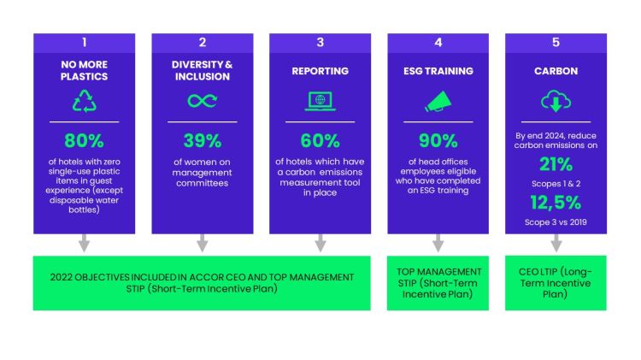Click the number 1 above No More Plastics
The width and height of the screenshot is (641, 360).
coord(84,42)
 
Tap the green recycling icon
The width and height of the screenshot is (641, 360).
coord(84,101)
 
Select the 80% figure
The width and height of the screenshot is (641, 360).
coord(84,140)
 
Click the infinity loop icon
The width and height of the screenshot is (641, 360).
coord(202,101)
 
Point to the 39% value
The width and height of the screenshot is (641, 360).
coord(202,140)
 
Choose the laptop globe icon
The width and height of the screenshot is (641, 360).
coord(320,101)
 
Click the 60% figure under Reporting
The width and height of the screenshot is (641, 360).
coord(320,140)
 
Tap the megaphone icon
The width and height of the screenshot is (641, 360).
coord(438,101)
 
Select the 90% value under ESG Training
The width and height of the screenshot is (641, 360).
coord(438,140)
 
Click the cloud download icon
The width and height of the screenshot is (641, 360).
coord(555,102)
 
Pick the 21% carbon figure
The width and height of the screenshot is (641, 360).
coord(555,165)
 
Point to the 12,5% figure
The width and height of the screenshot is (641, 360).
coord(555,203)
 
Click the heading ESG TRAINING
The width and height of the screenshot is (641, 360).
coord(438,70)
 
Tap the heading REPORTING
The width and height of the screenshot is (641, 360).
coord(320,70)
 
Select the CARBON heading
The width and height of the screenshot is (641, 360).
coord(555,70)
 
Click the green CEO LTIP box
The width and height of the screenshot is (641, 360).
coord(556,282)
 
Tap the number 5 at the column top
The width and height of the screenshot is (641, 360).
coord(555,42)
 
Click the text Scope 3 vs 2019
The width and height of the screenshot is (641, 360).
coord(555,222)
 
